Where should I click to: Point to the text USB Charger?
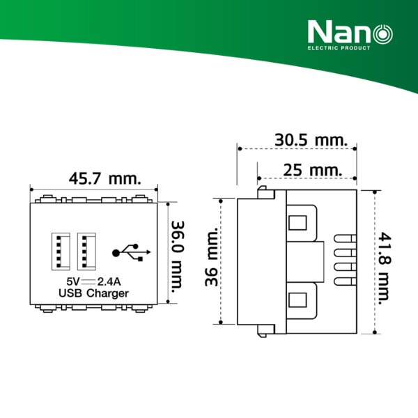click(x=94, y=293)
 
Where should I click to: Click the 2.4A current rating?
click(x=111, y=281)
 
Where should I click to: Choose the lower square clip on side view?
click(x=297, y=300)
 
